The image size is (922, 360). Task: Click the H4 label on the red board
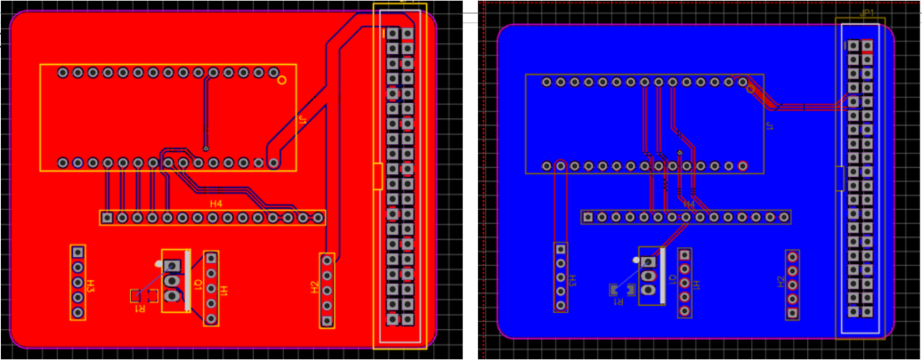click(x=216, y=204)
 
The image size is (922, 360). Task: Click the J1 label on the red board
click(x=302, y=120)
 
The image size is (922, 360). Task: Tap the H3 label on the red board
click(x=91, y=285)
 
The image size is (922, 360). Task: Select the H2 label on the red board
click(x=314, y=287)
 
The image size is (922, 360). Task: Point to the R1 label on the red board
click(x=140, y=309)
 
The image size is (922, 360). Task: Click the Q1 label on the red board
click(x=197, y=285)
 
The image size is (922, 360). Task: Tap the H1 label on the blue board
click(x=696, y=285)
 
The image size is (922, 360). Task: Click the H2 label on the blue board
click(x=781, y=282)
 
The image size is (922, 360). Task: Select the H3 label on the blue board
click(x=572, y=281)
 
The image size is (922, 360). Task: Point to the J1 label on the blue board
click(x=769, y=126)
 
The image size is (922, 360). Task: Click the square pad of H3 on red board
click(x=78, y=252)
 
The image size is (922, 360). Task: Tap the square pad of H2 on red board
click(x=327, y=321)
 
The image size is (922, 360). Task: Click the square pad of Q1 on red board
click(x=171, y=266)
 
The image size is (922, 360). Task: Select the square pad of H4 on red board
click(x=107, y=217)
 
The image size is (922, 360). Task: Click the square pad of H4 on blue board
click(x=588, y=217)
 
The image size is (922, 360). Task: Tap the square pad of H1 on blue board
click(x=684, y=255)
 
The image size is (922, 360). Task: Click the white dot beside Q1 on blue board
click(x=636, y=260)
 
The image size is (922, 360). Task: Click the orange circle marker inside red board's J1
click(x=282, y=80)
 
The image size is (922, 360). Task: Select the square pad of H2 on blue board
click(x=792, y=313)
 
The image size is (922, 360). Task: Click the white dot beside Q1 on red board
click(x=159, y=264)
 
